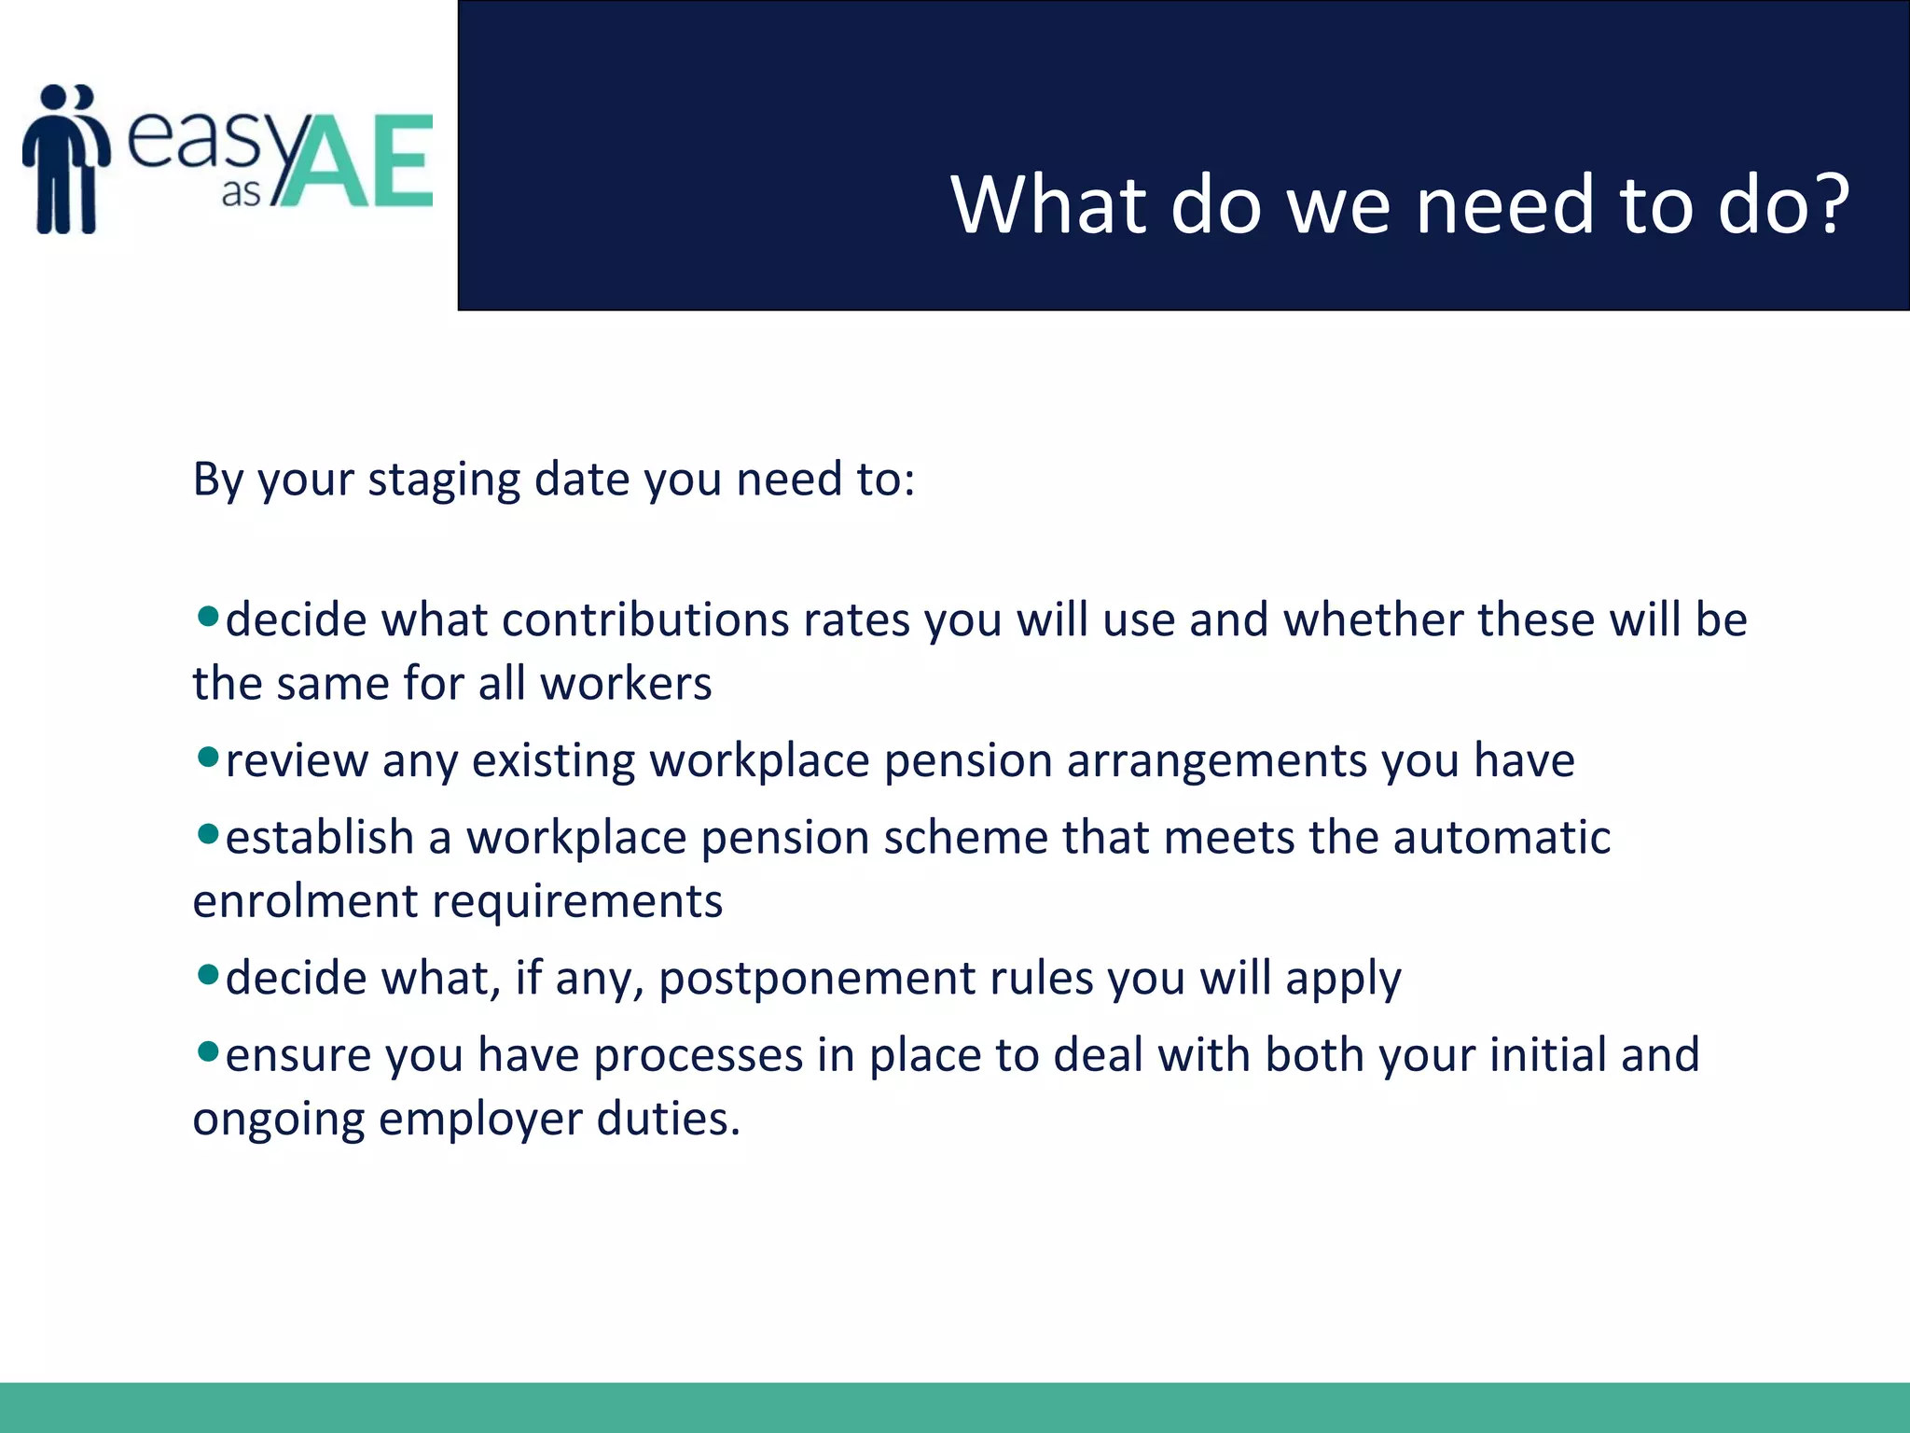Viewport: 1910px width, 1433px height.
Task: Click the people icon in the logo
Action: [x=65, y=159]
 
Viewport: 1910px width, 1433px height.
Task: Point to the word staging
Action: [x=444, y=481]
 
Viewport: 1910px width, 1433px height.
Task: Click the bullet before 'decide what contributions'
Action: [x=208, y=616]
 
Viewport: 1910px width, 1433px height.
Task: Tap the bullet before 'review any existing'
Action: [x=208, y=756]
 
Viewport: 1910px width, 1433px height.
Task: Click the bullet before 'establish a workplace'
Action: [x=208, y=832]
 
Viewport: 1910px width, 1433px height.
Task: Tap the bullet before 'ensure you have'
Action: [x=208, y=1051]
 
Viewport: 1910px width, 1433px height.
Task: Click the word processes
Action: [x=699, y=1056]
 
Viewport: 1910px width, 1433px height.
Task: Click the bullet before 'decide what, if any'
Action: [x=208, y=975]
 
